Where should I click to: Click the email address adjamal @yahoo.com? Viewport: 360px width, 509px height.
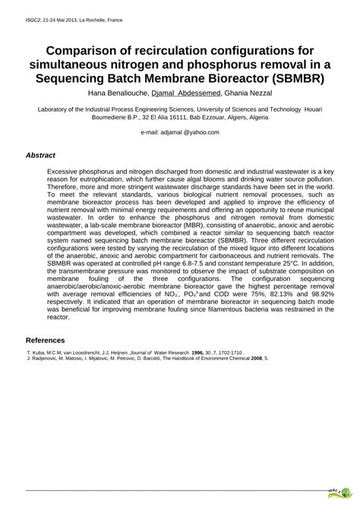(x=180, y=132)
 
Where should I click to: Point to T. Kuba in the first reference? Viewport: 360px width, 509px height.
(x=36, y=353)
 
